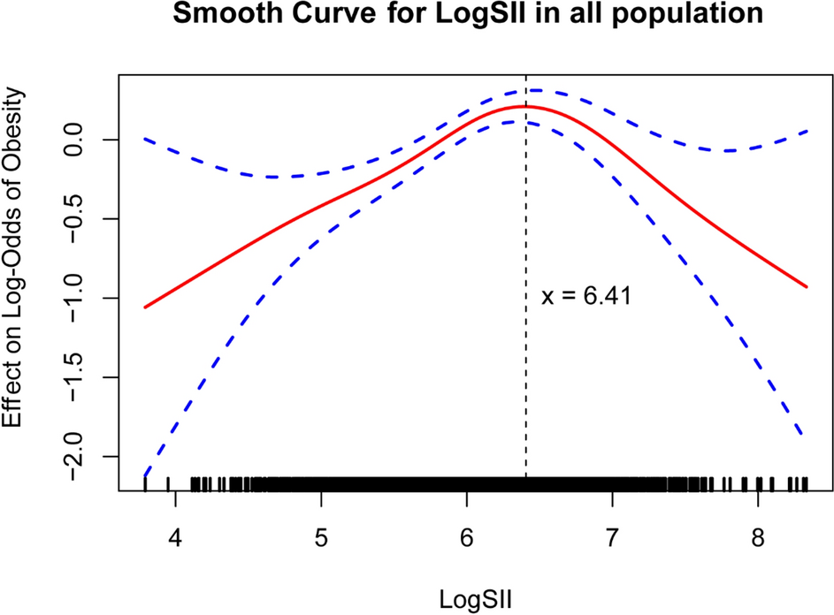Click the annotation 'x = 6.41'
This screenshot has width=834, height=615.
point(585,297)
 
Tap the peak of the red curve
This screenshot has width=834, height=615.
point(525,106)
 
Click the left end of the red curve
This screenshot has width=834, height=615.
point(145,307)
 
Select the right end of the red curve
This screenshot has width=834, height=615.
point(806,286)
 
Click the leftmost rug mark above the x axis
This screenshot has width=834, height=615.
point(145,483)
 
